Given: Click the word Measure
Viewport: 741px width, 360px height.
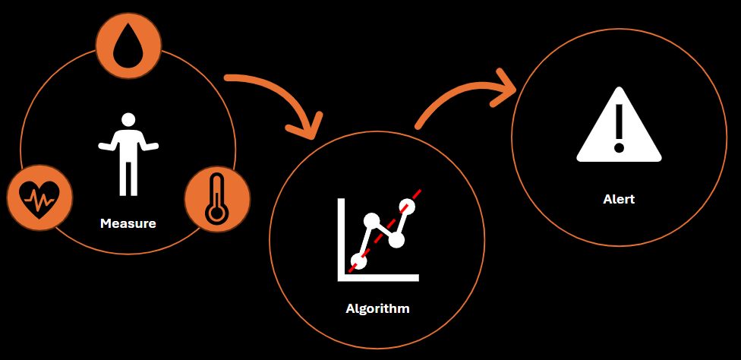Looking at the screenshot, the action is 128,223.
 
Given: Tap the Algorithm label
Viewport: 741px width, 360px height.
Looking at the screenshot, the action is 377,308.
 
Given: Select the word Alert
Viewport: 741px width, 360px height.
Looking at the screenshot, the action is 619,199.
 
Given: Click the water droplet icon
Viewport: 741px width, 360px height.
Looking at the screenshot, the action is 128,46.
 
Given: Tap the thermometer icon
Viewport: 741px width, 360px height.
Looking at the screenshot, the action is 217,200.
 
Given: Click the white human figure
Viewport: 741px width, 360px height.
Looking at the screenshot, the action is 128,155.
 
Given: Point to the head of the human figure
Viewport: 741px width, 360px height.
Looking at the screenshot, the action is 128,119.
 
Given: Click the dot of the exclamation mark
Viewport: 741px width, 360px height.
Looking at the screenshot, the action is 619,147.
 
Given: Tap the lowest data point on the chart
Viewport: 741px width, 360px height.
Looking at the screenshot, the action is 359,261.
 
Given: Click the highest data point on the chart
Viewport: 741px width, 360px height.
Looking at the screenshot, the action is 407,206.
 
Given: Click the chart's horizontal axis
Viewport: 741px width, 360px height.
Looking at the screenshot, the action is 380,277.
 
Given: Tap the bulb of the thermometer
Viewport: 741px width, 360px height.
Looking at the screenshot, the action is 217,213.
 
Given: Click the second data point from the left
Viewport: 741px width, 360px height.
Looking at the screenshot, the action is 371,221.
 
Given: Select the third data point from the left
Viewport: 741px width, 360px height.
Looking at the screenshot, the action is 396,240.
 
